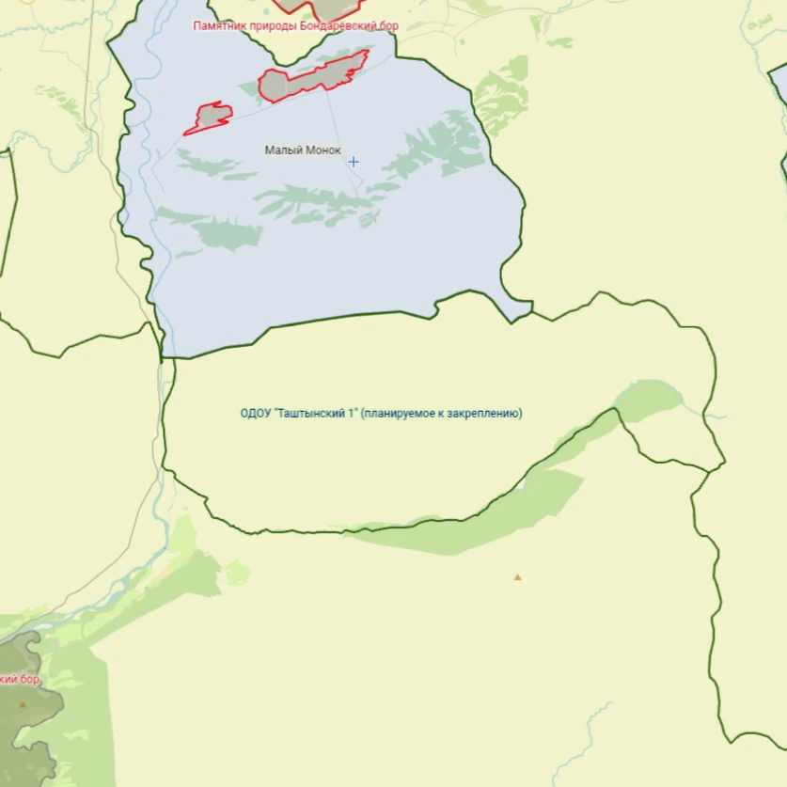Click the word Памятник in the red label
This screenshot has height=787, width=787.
pos(220,26)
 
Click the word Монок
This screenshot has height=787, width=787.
pos(322,150)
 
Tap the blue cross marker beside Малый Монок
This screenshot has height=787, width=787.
pos(354,162)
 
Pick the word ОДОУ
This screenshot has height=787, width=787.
pos(255,413)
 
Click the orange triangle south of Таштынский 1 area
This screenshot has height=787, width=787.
pos(517,577)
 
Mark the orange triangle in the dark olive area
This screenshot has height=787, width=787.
pos(23,703)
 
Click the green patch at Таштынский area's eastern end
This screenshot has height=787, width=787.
pos(649,399)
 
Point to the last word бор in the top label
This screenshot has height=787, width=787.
pos(389,26)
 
